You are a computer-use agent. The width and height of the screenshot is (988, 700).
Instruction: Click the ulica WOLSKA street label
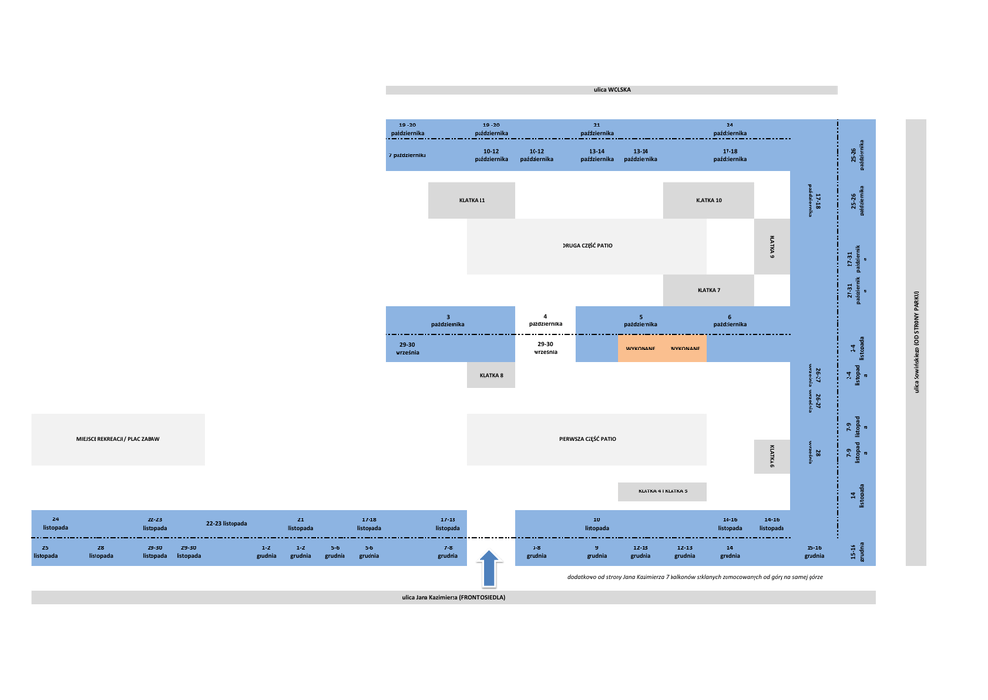click(612, 90)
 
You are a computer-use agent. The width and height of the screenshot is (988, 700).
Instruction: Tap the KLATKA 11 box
click(472, 200)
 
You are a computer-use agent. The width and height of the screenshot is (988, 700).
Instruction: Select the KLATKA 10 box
click(708, 200)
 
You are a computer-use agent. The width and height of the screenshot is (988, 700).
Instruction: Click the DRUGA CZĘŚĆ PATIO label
click(587, 246)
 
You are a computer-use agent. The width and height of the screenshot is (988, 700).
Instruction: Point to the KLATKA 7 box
click(708, 290)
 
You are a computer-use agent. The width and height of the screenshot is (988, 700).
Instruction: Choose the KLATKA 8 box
click(491, 375)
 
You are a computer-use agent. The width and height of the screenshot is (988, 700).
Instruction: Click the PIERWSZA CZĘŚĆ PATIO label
click(587, 439)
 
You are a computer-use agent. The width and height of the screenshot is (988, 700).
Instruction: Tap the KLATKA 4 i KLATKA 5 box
click(663, 491)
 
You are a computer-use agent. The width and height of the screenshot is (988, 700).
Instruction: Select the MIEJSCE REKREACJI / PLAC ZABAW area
click(118, 439)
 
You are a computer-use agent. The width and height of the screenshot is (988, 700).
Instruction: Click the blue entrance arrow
click(490, 568)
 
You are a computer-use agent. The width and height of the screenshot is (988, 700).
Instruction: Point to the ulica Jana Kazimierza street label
click(453, 598)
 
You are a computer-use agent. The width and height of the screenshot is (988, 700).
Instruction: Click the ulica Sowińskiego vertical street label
click(916, 342)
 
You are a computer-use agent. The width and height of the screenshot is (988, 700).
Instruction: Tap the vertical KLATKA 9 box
click(772, 246)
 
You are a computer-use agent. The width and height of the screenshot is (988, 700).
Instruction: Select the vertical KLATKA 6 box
click(772, 457)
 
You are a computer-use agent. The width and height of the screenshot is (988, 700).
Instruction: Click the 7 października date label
click(407, 155)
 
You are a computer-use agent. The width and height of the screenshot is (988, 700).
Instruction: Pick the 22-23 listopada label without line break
click(227, 523)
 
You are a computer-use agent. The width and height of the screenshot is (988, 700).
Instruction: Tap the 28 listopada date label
click(100, 551)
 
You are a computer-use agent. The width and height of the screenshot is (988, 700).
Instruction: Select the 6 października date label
click(729, 321)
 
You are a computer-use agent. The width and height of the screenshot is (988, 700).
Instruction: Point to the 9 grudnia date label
click(596, 551)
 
